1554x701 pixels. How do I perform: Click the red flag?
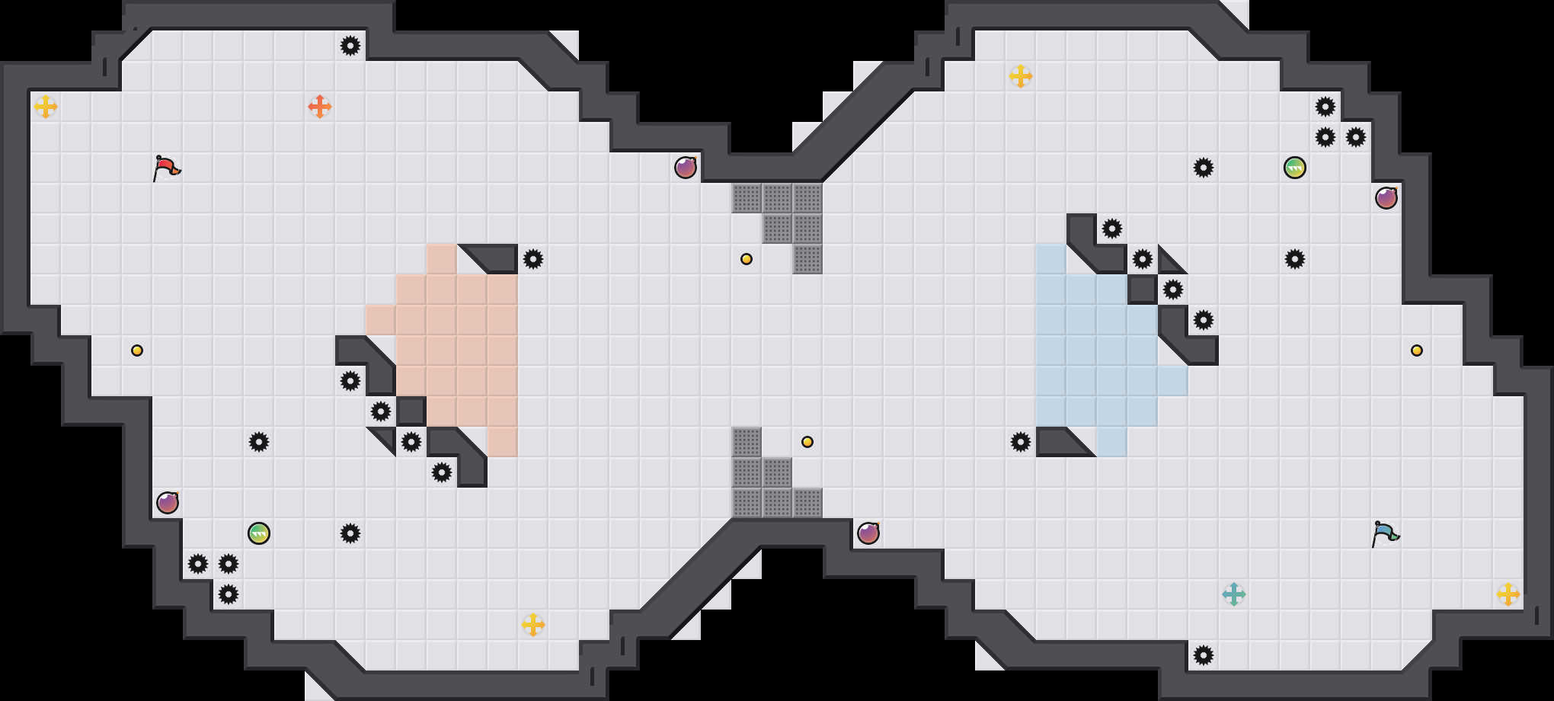point(166,168)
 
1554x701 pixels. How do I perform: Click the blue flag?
point(1385,533)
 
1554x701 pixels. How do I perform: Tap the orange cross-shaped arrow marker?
point(320,107)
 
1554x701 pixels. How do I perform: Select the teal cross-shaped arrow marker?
point(1234,594)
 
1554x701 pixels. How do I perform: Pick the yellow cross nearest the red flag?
point(46,107)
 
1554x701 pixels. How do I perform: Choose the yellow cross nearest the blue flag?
point(1508,594)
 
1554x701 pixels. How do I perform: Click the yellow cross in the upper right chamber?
point(1021,76)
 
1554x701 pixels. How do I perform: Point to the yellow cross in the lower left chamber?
point(533,625)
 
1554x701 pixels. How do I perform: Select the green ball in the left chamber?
point(259,533)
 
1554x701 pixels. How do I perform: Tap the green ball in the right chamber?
point(1295,168)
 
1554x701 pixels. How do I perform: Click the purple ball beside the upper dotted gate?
point(686,168)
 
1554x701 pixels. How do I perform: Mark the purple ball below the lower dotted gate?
point(868,533)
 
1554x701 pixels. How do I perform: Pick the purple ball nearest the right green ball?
point(1386,198)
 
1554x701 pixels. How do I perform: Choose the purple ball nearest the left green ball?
point(168,503)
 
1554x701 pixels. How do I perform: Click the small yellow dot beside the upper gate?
point(747,259)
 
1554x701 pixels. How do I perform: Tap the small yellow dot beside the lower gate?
point(807,442)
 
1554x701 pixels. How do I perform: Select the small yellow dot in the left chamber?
point(137,350)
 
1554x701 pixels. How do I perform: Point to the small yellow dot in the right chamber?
point(1417,350)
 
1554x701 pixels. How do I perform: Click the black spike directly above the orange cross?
point(350,46)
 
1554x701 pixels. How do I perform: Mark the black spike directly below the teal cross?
point(1204,655)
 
